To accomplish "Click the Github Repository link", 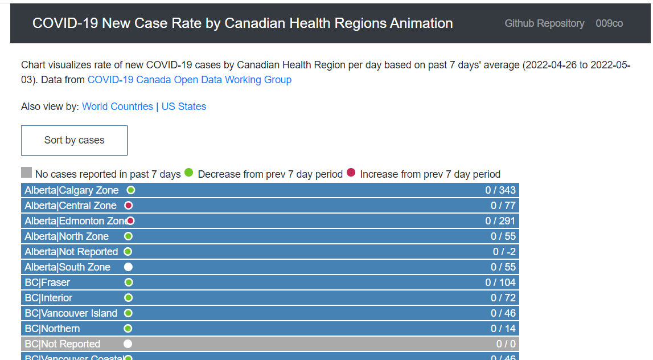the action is (x=544, y=23).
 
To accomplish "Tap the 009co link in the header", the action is (x=609, y=23).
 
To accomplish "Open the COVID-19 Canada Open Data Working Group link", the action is (x=190, y=80).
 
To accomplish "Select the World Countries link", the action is (x=117, y=107).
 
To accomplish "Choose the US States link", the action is (x=184, y=107).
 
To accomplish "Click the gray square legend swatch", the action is (x=26, y=172).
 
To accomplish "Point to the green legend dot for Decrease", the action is (x=188, y=173).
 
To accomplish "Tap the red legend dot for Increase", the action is (x=351, y=173).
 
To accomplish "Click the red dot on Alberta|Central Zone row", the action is (x=128, y=206).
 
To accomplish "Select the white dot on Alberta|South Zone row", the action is (x=128, y=267).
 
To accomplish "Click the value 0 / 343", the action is (x=500, y=190).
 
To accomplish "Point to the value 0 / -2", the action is (x=504, y=252).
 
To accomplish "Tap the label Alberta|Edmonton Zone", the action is (x=77, y=221).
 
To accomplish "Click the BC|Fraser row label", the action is (x=47, y=283).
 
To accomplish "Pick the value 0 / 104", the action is (x=500, y=283).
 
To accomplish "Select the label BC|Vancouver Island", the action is (x=71, y=313).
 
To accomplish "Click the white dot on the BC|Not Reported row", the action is (x=128, y=343).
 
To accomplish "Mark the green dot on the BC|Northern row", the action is (x=128, y=328).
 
